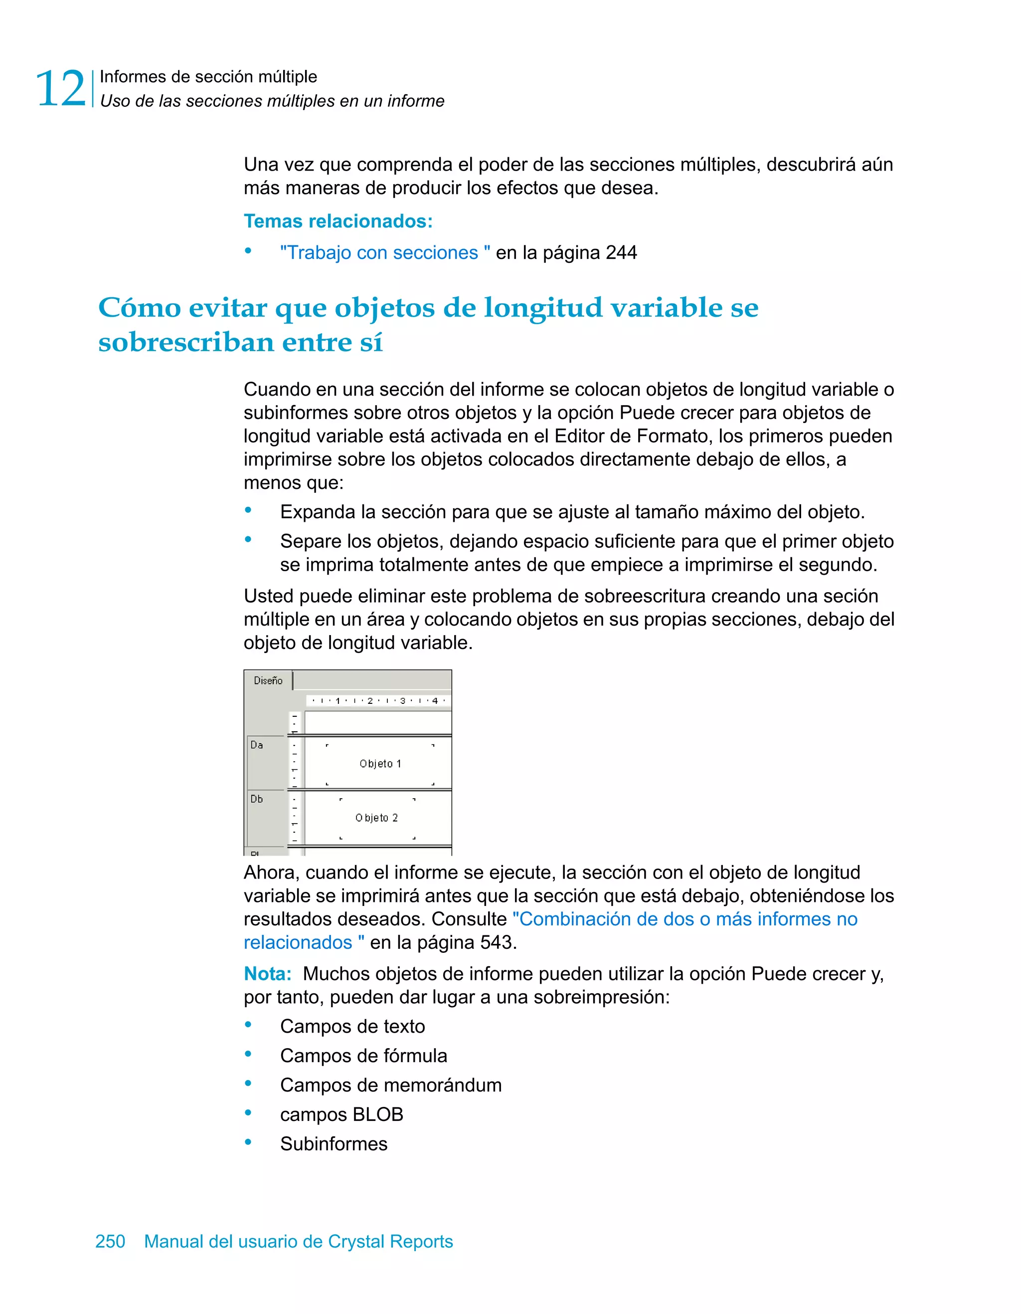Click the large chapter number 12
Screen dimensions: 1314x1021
61,89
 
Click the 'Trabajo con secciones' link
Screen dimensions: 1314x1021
384,253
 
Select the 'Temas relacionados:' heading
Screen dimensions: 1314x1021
338,221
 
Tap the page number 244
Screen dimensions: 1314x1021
621,253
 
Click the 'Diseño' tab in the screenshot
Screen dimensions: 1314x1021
268,680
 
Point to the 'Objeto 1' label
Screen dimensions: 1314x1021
380,763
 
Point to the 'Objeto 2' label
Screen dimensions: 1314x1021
376,818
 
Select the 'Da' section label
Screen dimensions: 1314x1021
257,745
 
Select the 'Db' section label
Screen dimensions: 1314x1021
257,799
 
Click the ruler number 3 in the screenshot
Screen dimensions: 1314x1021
402,701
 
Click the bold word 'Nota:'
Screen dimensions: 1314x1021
268,974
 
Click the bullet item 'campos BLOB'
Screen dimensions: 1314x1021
341,1115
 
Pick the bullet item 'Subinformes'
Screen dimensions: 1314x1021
334,1144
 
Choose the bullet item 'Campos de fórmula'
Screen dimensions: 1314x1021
363,1056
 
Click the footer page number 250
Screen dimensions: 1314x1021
110,1241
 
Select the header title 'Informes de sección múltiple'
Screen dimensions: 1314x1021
208,77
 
